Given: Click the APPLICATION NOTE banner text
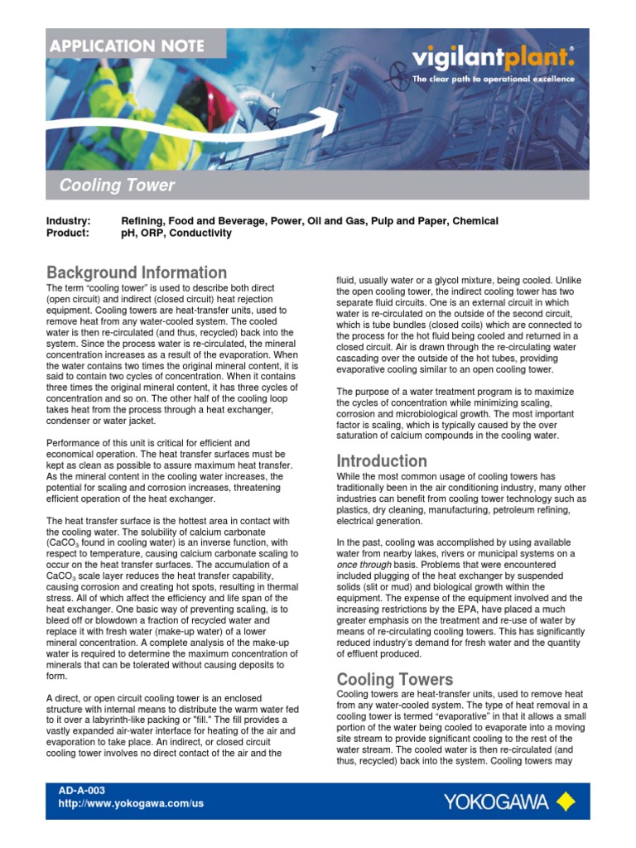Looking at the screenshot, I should click(x=134, y=45).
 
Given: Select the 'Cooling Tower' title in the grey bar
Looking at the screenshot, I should click(x=117, y=185).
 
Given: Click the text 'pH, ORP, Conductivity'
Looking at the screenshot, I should click(x=176, y=234).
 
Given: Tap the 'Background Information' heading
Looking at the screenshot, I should click(x=137, y=272).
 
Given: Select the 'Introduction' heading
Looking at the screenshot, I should click(x=381, y=460).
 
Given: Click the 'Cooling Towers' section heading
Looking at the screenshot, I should click(x=394, y=679).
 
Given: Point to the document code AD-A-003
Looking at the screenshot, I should click(x=82, y=791).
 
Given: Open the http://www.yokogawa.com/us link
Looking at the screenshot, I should click(x=131, y=803).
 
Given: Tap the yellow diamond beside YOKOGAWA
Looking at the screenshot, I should click(x=566, y=801).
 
